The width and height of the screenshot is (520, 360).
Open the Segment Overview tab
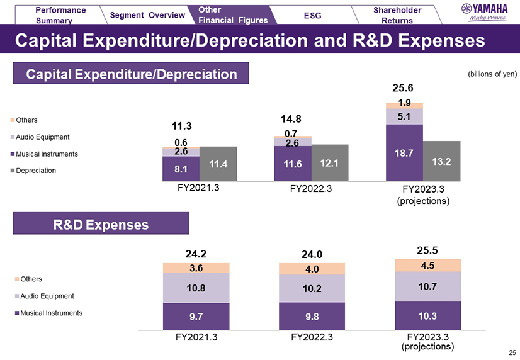point(147,14)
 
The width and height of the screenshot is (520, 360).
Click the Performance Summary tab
point(60,14)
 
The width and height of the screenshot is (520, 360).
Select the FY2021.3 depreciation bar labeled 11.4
point(218,164)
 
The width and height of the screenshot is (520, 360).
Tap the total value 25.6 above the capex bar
point(404,88)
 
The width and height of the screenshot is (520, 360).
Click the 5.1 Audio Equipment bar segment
point(404,116)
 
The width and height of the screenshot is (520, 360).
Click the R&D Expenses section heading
point(101,223)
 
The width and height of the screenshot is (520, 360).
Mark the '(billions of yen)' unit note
point(492,74)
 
